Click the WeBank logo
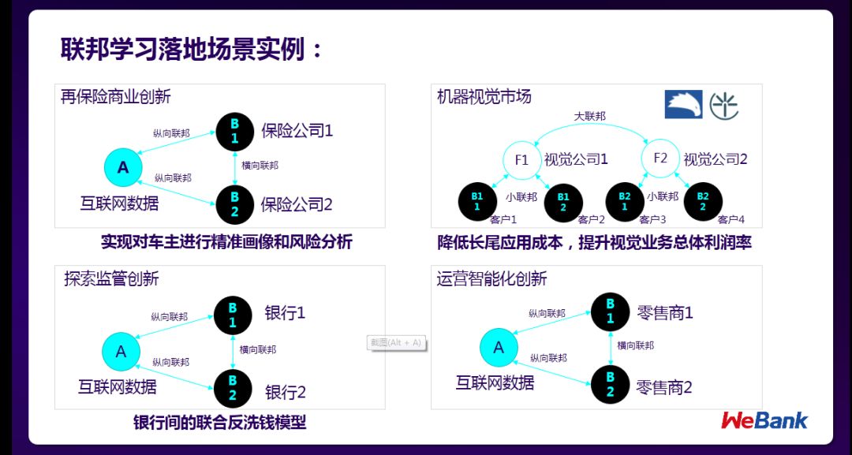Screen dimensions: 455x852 click(x=764, y=420)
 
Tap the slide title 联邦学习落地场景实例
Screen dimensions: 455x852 click(x=192, y=49)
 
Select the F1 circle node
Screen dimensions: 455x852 click(x=521, y=160)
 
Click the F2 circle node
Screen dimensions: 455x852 click(x=660, y=159)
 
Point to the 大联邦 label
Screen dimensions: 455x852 click(x=589, y=117)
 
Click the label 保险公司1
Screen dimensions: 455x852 click(x=297, y=131)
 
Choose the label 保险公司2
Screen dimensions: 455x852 click(x=297, y=206)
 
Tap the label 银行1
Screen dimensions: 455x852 click(x=285, y=313)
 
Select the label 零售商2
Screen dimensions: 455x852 click(x=664, y=387)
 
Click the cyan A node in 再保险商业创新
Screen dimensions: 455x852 click(x=123, y=167)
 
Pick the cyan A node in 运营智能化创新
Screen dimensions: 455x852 click(x=499, y=348)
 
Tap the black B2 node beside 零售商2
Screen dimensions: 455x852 click(x=610, y=385)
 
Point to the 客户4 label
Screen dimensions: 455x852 click(x=731, y=220)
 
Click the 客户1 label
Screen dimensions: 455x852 click(x=503, y=220)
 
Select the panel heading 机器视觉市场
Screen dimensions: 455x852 click(x=484, y=97)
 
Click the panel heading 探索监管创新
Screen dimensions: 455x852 click(x=111, y=279)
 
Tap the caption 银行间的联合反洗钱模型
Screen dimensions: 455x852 click(x=219, y=423)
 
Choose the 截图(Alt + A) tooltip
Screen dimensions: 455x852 click(x=397, y=343)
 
